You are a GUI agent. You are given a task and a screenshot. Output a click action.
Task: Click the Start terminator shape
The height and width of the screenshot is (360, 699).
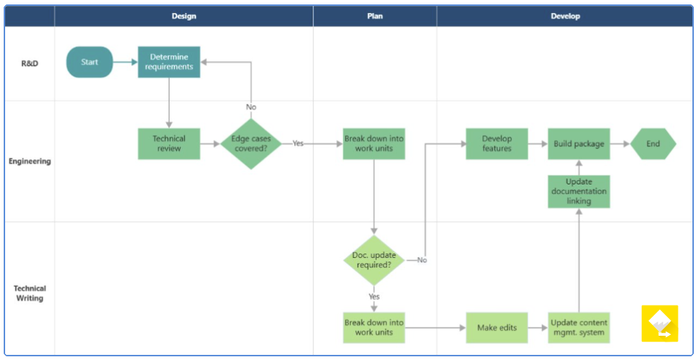[90, 62]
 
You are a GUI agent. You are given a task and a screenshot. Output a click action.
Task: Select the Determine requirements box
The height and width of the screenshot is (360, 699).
[169, 62]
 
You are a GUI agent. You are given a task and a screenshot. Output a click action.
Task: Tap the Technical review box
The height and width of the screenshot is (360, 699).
[169, 144]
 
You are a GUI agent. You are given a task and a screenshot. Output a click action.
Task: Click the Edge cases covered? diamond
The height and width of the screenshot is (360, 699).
[251, 144]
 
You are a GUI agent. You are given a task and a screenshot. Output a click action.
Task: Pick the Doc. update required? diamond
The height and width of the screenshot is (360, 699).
[374, 260]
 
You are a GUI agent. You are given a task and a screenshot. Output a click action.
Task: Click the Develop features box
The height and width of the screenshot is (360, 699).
[496, 144]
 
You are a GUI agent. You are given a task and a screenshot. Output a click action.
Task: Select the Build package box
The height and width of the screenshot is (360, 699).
[579, 144]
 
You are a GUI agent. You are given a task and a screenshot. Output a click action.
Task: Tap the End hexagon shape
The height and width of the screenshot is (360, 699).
[653, 144]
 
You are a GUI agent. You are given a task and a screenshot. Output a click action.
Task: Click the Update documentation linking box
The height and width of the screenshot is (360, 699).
[579, 191]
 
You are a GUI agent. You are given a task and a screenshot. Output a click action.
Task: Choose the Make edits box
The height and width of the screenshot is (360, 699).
[496, 328]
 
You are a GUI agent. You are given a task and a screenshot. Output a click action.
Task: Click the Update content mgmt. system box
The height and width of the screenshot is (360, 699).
[579, 328]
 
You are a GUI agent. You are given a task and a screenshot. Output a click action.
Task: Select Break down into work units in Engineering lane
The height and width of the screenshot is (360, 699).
[374, 144]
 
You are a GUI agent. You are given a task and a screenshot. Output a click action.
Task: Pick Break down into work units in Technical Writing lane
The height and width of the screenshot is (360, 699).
[374, 328]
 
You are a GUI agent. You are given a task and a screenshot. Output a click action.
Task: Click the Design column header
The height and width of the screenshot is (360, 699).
[184, 16]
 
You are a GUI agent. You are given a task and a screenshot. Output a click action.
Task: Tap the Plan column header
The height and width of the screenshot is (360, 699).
[374, 16]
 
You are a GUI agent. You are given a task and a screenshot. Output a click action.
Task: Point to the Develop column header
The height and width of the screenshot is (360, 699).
[565, 16]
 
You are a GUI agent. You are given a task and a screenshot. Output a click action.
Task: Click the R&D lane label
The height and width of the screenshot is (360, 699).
[29, 63]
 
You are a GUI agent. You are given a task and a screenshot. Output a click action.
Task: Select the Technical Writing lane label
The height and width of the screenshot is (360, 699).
[29, 293]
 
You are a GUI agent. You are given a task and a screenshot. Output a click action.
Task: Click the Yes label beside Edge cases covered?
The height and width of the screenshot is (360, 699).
[298, 144]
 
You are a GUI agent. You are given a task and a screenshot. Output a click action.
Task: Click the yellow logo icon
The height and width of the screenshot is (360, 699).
[659, 323]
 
